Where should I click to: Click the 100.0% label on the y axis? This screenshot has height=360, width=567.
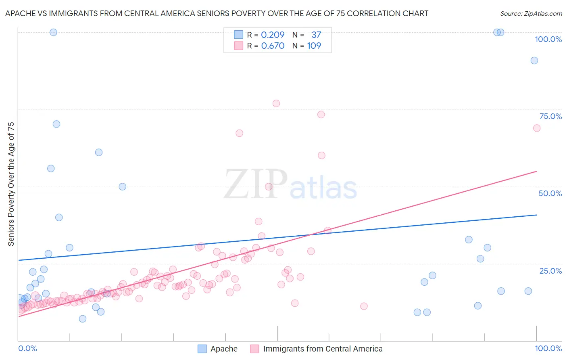[x=548, y=39]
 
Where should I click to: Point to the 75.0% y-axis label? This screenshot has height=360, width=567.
[x=550, y=116]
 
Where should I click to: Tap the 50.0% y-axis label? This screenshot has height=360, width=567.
[x=550, y=193]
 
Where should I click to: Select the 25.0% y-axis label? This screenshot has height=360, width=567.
[x=550, y=271]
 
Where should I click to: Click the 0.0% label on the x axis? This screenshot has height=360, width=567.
[x=27, y=348]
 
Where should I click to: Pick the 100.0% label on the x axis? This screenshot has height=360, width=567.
[x=548, y=348]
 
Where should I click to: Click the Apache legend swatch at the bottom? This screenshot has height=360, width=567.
[x=202, y=349]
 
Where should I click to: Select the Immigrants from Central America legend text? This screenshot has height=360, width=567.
[x=323, y=349]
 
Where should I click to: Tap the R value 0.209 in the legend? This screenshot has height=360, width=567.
[x=273, y=35]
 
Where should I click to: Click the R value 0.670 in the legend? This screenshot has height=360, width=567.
[x=273, y=46]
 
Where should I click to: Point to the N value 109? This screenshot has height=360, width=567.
[x=314, y=46]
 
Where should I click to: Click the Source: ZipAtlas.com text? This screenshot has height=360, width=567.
[x=531, y=13]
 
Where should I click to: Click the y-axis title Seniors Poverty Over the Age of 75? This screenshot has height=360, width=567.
[x=11, y=184]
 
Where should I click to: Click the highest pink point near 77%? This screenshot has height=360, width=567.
[x=276, y=103]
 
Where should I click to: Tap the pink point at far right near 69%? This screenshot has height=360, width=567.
[x=537, y=128]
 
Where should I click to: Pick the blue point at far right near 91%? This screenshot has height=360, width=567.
[x=534, y=61]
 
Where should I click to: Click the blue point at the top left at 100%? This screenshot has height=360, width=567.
[x=53, y=32]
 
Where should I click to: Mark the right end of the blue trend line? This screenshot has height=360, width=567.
[x=536, y=215]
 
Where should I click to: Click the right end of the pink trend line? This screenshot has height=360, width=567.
[x=536, y=171]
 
